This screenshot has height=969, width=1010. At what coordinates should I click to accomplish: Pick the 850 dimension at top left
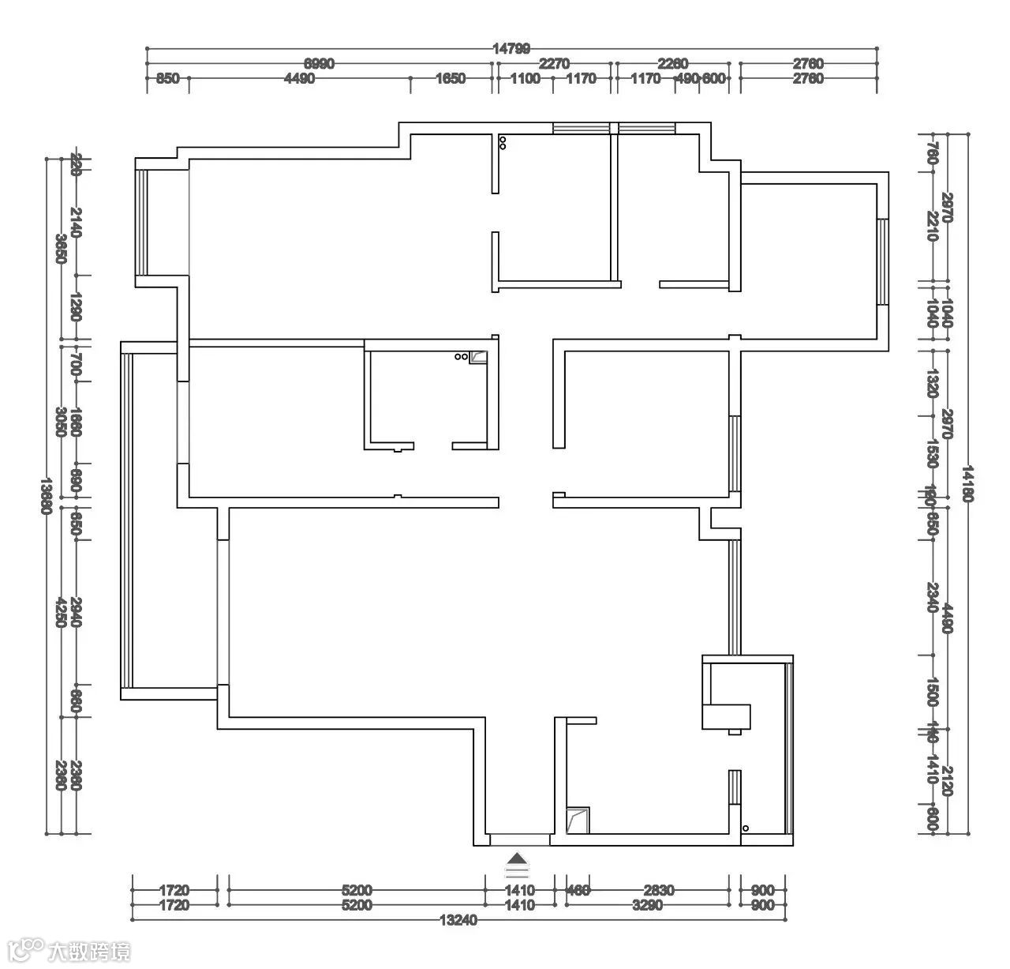click(168, 78)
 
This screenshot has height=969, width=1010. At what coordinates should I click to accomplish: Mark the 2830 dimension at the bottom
click(657, 890)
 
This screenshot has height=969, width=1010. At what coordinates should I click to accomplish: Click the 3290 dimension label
click(648, 906)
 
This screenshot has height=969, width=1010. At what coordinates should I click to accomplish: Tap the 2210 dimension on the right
click(933, 226)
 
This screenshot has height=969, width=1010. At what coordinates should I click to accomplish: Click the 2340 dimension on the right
click(933, 598)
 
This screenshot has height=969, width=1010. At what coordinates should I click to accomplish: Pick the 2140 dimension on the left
click(76, 222)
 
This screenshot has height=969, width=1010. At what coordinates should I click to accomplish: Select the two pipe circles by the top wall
click(503, 143)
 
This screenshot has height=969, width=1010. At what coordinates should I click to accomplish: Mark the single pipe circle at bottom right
click(746, 828)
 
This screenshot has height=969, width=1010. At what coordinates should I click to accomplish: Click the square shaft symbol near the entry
click(578, 820)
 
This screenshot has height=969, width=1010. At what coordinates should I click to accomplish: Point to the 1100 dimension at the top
click(526, 78)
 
